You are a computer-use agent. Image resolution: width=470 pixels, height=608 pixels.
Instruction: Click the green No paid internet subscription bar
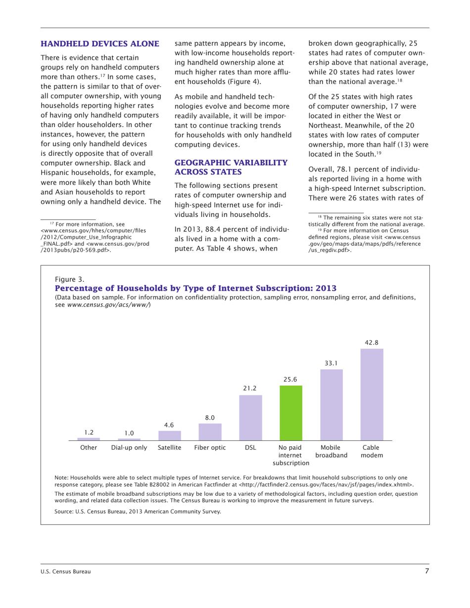(x=291, y=412)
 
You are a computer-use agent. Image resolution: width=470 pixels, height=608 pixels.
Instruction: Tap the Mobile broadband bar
(x=331, y=404)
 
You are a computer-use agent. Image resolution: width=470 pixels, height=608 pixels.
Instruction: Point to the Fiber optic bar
(x=210, y=431)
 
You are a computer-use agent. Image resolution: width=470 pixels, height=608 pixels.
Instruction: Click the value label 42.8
(x=372, y=342)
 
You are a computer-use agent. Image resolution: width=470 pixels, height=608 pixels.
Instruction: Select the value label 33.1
(x=331, y=363)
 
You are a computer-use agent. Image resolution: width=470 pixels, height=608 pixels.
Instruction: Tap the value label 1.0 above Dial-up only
(x=129, y=433)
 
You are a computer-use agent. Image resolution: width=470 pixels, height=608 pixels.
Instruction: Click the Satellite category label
(x=170, y=447)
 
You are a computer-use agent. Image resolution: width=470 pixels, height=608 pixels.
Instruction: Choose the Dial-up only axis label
(x=129, y=447)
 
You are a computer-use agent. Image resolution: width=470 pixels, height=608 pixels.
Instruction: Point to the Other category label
(x=89, y=447)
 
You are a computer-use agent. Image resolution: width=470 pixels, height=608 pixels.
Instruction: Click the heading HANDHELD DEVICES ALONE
(x=99, y=44)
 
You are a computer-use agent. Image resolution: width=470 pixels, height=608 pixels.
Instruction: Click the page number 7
(x=426, y=572)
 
